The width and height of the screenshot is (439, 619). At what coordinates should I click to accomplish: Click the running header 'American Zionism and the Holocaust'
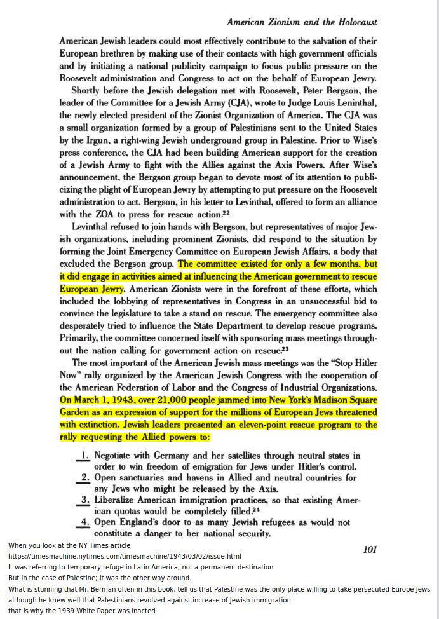click(302, 22)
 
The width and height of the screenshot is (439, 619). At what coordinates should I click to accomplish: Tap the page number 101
click(370, 549)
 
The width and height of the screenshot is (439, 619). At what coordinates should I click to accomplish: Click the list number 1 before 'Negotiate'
click(84, 455)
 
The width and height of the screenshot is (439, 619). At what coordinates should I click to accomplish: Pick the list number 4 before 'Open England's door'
click(84, 522)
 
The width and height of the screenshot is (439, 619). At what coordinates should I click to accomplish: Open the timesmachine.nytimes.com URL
click(125, 556)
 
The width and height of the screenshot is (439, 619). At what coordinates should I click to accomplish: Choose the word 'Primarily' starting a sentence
click(79, 338)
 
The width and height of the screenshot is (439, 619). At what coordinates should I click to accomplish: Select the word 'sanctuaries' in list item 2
click(149, 478)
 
